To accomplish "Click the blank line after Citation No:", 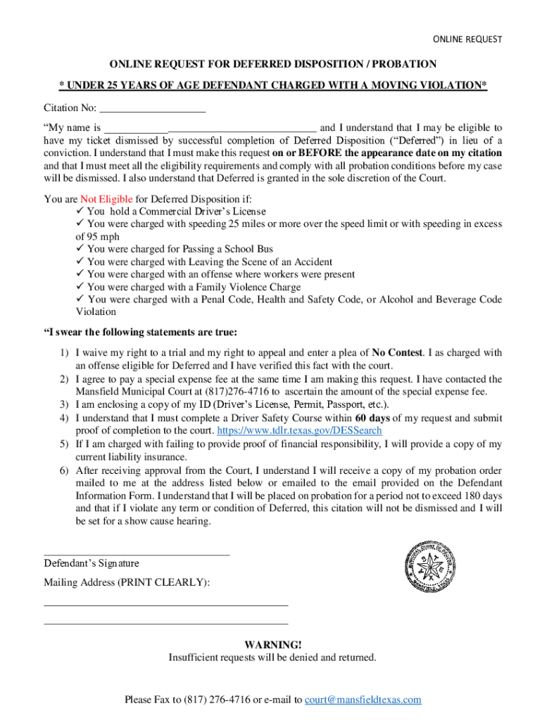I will coord(153,110).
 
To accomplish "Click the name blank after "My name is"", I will coord(210,129).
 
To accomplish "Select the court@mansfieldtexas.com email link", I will coord(363,699).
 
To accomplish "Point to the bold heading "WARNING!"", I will coord(272,645).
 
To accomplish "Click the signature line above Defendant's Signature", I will coord(137,554).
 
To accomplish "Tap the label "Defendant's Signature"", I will coord(92,563).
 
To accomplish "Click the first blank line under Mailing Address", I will coord(166,604).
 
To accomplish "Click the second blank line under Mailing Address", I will coord(166,622).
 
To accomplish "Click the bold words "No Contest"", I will coord(397,353).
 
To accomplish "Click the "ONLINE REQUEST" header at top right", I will coord(467,39).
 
